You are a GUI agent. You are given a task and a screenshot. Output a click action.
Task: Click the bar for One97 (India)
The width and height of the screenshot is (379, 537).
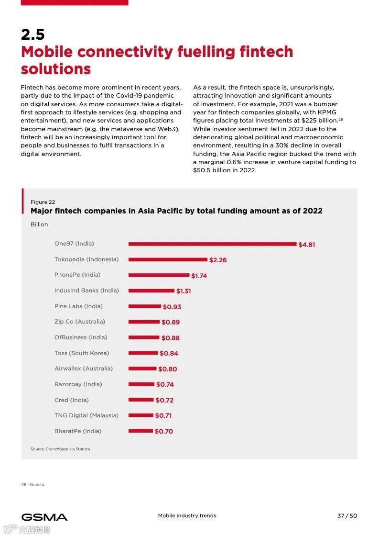tap(212, 244)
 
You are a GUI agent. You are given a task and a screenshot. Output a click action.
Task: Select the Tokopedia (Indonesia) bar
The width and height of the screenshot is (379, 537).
tap(168, 259)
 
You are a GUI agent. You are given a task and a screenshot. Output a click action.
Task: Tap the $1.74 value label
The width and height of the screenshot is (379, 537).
tap(199, 276)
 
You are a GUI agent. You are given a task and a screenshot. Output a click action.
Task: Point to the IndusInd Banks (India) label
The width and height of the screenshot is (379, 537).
tap(87, 291)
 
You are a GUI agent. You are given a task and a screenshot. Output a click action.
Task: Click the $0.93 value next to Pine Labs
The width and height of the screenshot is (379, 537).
tap(172, 307)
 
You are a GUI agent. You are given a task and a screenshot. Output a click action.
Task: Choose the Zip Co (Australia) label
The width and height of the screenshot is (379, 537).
tap(80, 322)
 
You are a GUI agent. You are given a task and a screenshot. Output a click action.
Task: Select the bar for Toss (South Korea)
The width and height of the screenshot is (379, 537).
tap(143, 353)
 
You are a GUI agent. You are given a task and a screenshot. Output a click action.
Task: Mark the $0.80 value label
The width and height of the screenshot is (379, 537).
tap(167, 369)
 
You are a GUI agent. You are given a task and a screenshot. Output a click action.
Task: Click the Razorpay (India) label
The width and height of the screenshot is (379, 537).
tap(78, 384)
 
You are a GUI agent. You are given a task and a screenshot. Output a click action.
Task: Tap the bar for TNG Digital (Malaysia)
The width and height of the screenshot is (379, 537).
tap(141, 415)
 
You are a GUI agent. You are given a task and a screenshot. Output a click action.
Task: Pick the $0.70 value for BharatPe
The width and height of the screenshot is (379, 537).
tap(164, 431)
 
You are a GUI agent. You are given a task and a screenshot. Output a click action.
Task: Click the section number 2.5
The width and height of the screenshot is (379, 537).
tap(32, 34)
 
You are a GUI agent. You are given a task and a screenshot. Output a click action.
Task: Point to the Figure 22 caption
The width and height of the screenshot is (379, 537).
tap(43, 202)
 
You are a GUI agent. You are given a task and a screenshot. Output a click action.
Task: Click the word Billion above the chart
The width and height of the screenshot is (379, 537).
tap(39, 224)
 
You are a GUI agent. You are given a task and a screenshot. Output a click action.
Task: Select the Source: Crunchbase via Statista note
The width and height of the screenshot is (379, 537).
tap(60, 449)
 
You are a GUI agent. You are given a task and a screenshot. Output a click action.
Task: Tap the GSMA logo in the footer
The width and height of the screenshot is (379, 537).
tap(44, 517)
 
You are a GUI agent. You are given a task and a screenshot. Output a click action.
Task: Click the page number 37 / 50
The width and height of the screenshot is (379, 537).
tap(347, 515)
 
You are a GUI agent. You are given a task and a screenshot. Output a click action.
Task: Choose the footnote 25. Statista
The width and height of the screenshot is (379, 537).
tap(33, 485)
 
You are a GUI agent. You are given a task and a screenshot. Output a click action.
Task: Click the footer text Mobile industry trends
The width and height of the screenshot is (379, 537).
tap(187, 515)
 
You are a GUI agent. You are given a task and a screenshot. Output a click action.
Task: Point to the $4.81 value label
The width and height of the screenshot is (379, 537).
tap(306, 245)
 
